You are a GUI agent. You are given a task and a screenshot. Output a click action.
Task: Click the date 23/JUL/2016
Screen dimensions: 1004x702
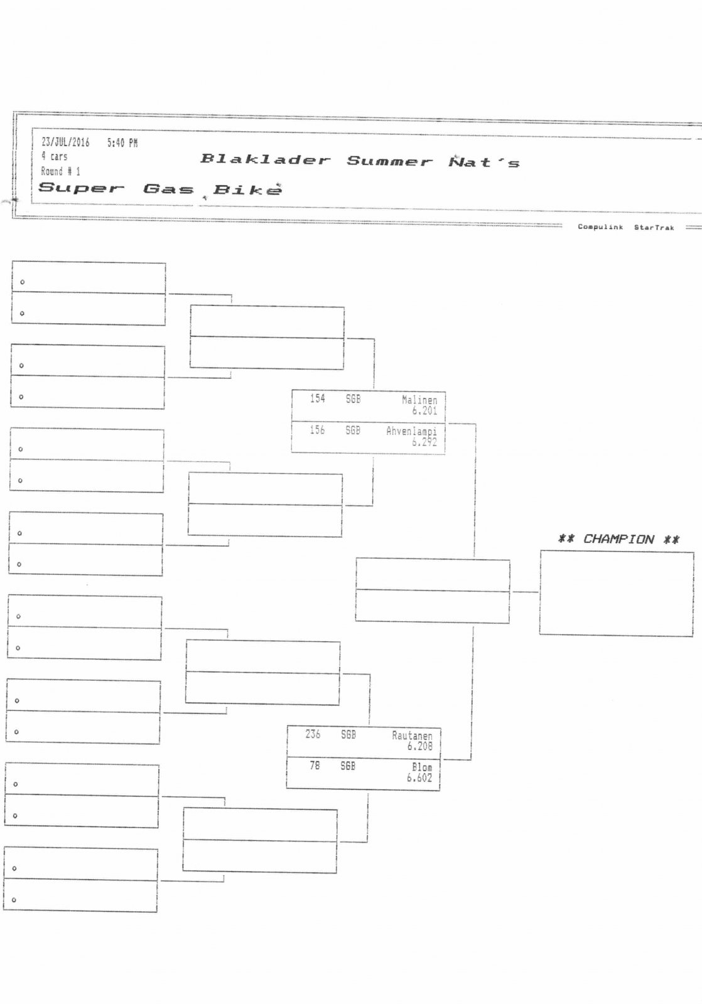pos(65,142)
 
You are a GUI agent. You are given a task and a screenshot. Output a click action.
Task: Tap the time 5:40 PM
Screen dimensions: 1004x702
pos(122,143)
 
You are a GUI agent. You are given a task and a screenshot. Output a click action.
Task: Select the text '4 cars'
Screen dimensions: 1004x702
pos(54,156)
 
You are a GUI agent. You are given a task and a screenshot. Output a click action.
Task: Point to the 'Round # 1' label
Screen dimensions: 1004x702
pos(60,171)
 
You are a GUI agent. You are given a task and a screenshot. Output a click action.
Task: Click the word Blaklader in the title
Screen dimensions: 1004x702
pos(265,159)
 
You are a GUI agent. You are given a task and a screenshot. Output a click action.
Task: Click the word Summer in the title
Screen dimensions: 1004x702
pos(389,161)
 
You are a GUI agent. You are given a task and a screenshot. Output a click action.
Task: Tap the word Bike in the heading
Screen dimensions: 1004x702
pos(247,190)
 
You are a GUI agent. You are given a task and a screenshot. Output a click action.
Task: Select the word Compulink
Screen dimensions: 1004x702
pos(600,227)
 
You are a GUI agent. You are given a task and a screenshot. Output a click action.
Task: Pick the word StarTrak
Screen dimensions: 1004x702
pos(654,228)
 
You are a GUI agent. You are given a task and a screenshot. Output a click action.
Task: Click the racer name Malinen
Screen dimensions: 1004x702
pos(419,400)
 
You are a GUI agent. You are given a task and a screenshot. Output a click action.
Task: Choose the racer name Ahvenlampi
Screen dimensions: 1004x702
pos(411,431)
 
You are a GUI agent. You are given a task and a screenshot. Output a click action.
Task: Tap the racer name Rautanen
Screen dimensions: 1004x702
pos(412,735)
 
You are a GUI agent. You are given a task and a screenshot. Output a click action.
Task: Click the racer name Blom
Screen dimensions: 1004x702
pos(422,767)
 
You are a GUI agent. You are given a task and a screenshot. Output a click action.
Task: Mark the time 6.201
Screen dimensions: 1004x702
pos(424,410)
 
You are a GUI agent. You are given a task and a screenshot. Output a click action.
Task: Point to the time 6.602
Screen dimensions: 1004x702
pos(419,777)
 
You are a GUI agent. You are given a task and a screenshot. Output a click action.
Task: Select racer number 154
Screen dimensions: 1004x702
pos(318,398)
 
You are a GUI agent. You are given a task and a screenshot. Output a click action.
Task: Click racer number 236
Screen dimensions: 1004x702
pos(313,734)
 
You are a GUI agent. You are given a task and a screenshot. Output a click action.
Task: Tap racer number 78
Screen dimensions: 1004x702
pos(315,766)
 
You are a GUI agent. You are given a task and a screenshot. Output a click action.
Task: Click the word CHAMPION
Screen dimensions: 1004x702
pos(618,539)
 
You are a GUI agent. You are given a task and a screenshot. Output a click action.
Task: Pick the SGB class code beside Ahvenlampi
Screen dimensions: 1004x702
pos(353,430)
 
